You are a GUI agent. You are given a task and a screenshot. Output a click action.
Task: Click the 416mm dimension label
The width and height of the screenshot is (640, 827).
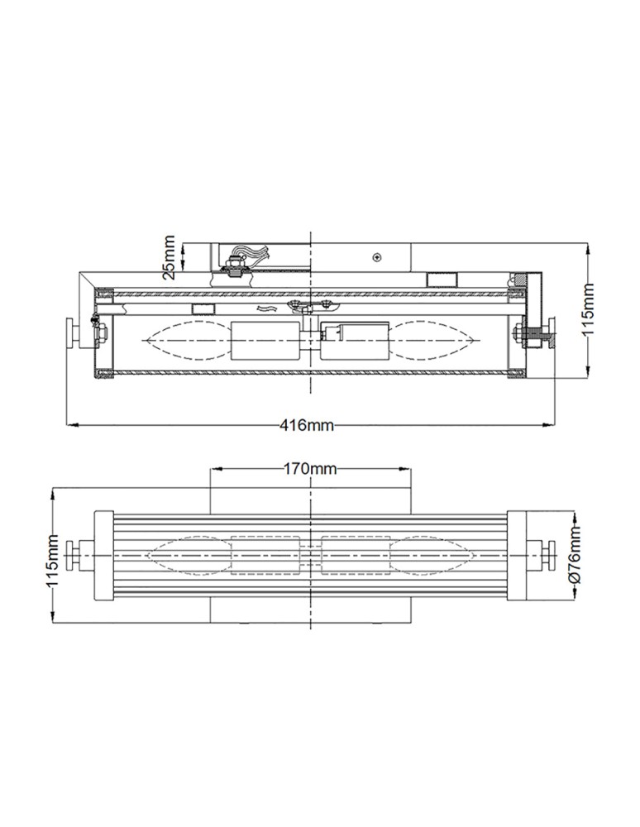pos(307,426)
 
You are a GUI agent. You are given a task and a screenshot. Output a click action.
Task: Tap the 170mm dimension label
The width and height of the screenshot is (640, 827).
pos(310,469)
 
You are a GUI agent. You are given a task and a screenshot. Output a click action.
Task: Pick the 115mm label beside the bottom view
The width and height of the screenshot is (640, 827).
pos(52,559)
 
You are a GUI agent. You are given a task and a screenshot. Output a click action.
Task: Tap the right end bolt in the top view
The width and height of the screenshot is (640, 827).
pos(537,335)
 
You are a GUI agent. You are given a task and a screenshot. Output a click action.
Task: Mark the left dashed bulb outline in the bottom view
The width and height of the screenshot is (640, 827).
pos(188,553)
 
